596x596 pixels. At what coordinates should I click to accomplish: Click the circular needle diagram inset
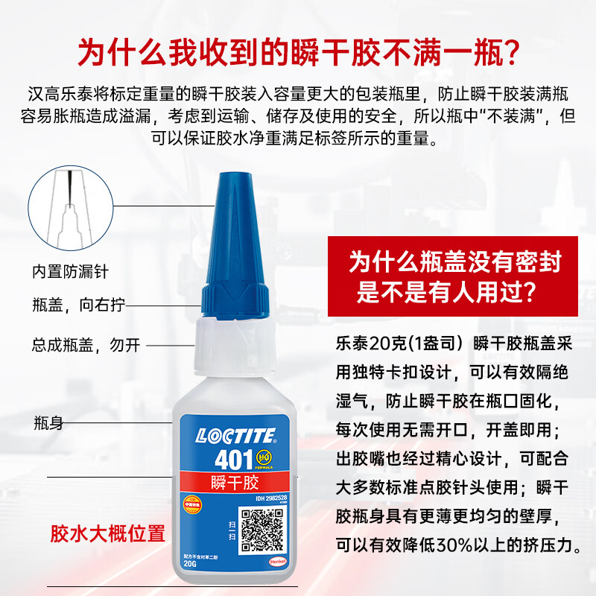pyautogui.click(x=72, y=207)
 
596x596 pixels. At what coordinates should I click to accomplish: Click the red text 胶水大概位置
pyautogui.click(x=107, y=533)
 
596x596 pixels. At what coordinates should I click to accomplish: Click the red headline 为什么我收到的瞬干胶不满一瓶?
pyautogui.click(x=298, y=53)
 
